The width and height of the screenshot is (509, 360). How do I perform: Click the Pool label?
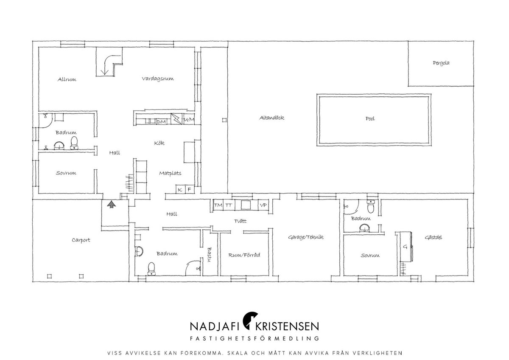click(x=370, y=118)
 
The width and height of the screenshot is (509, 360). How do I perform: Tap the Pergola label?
click(x=441, y=63)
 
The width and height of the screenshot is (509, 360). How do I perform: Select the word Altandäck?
click(x=272, y=118)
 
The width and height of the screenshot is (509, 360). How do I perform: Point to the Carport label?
click(x=81, y=240)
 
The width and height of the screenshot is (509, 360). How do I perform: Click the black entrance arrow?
click(x=111, y=204)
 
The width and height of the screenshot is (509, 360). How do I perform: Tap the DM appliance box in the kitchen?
click(x=161, y=122)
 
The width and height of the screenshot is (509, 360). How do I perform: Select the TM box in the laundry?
click(x=218, y=205)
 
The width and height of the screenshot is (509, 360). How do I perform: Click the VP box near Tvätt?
click(x=263, y=205)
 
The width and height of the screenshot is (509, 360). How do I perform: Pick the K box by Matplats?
click(x=180, y=189)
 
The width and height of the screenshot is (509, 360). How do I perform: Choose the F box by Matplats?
click(x=190, y=189)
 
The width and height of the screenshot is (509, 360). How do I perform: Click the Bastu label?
click(x=210, y=255)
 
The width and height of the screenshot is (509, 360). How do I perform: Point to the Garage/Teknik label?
click(x=306, y=237)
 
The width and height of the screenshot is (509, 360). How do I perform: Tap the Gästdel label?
click(x=433, y=237)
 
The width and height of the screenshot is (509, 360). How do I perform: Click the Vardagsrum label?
click(x=158, y=79)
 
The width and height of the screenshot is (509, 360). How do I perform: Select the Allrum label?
click(x=67, y=79)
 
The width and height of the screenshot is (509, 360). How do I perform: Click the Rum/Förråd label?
click(x=244, y=255)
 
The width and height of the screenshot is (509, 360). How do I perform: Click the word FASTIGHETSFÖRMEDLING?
click(x=255, y=338)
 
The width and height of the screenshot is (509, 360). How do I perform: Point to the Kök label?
click(x=159, y=143)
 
